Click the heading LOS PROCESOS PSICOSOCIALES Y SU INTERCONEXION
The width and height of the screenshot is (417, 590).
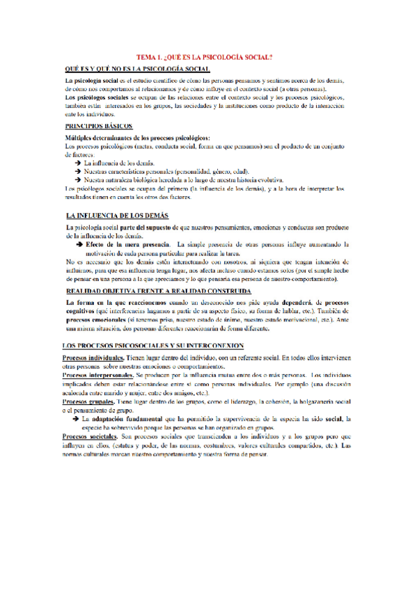coord(152,345)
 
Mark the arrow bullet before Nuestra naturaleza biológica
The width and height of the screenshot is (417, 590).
coord(77,180)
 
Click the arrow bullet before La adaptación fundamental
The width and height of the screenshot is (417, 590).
coord(74,419)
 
